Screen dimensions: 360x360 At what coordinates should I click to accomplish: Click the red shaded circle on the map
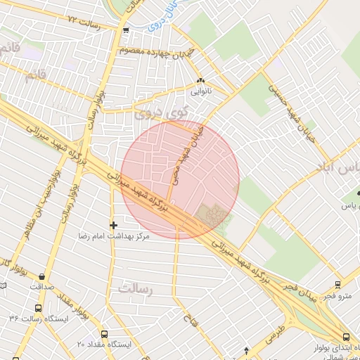coord(180,179)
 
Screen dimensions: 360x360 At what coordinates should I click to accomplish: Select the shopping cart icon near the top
coord(126,30)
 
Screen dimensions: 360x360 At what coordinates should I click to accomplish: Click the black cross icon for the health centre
coord(113,225)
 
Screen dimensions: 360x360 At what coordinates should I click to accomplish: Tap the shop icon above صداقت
coord(43,276)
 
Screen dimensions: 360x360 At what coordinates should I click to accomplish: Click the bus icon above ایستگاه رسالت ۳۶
coord(37,307)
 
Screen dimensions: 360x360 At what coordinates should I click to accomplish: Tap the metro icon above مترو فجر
coord(338,285)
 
